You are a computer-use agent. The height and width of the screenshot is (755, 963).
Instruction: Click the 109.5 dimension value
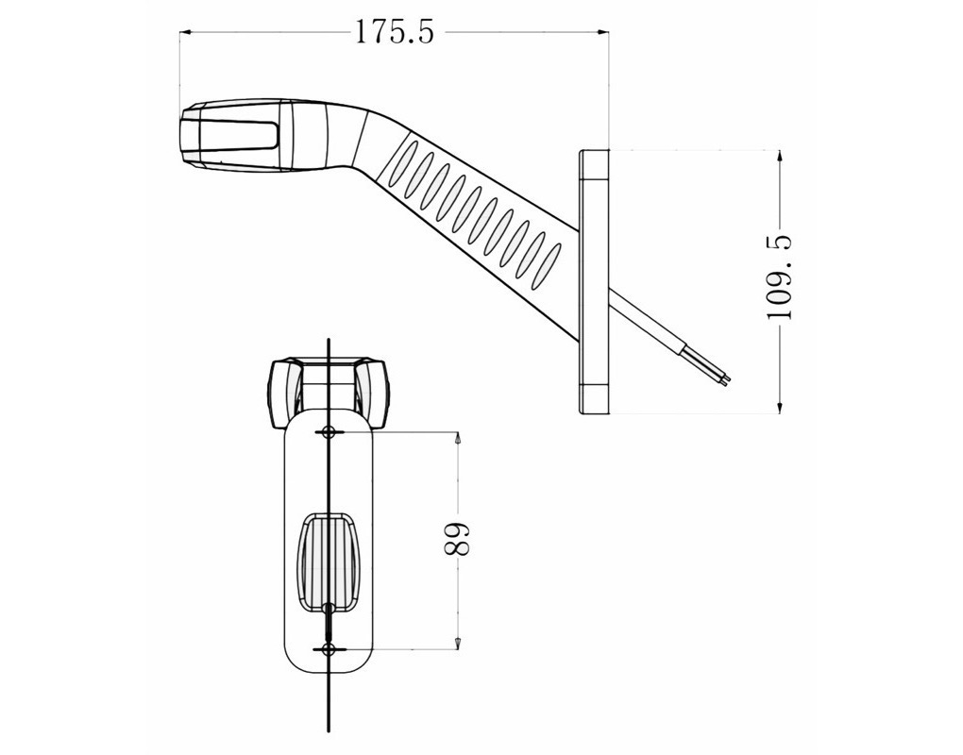coord(780,279)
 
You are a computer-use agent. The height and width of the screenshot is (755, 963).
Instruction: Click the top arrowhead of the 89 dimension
coord(457,438)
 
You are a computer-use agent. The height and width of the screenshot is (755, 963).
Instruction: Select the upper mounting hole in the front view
coord(329,432)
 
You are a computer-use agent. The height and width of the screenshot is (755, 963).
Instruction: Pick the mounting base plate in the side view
coord(594,281)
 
